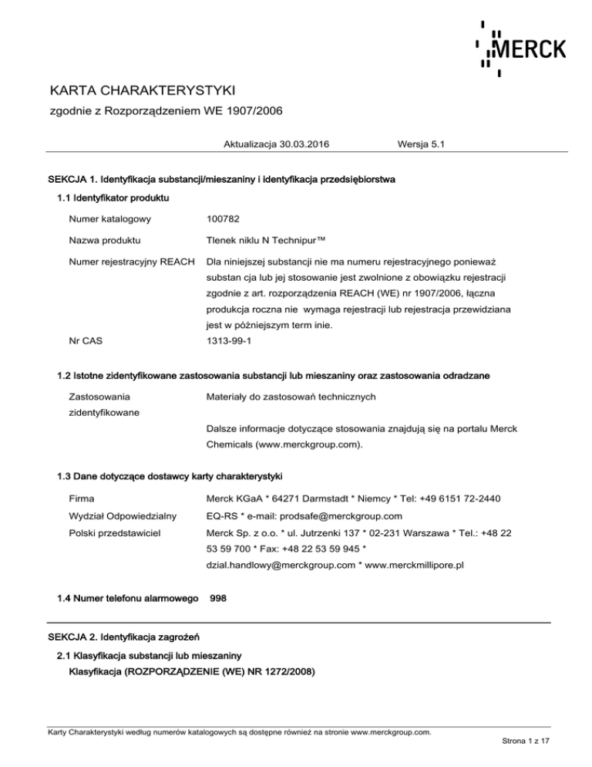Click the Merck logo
(520, 49)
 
